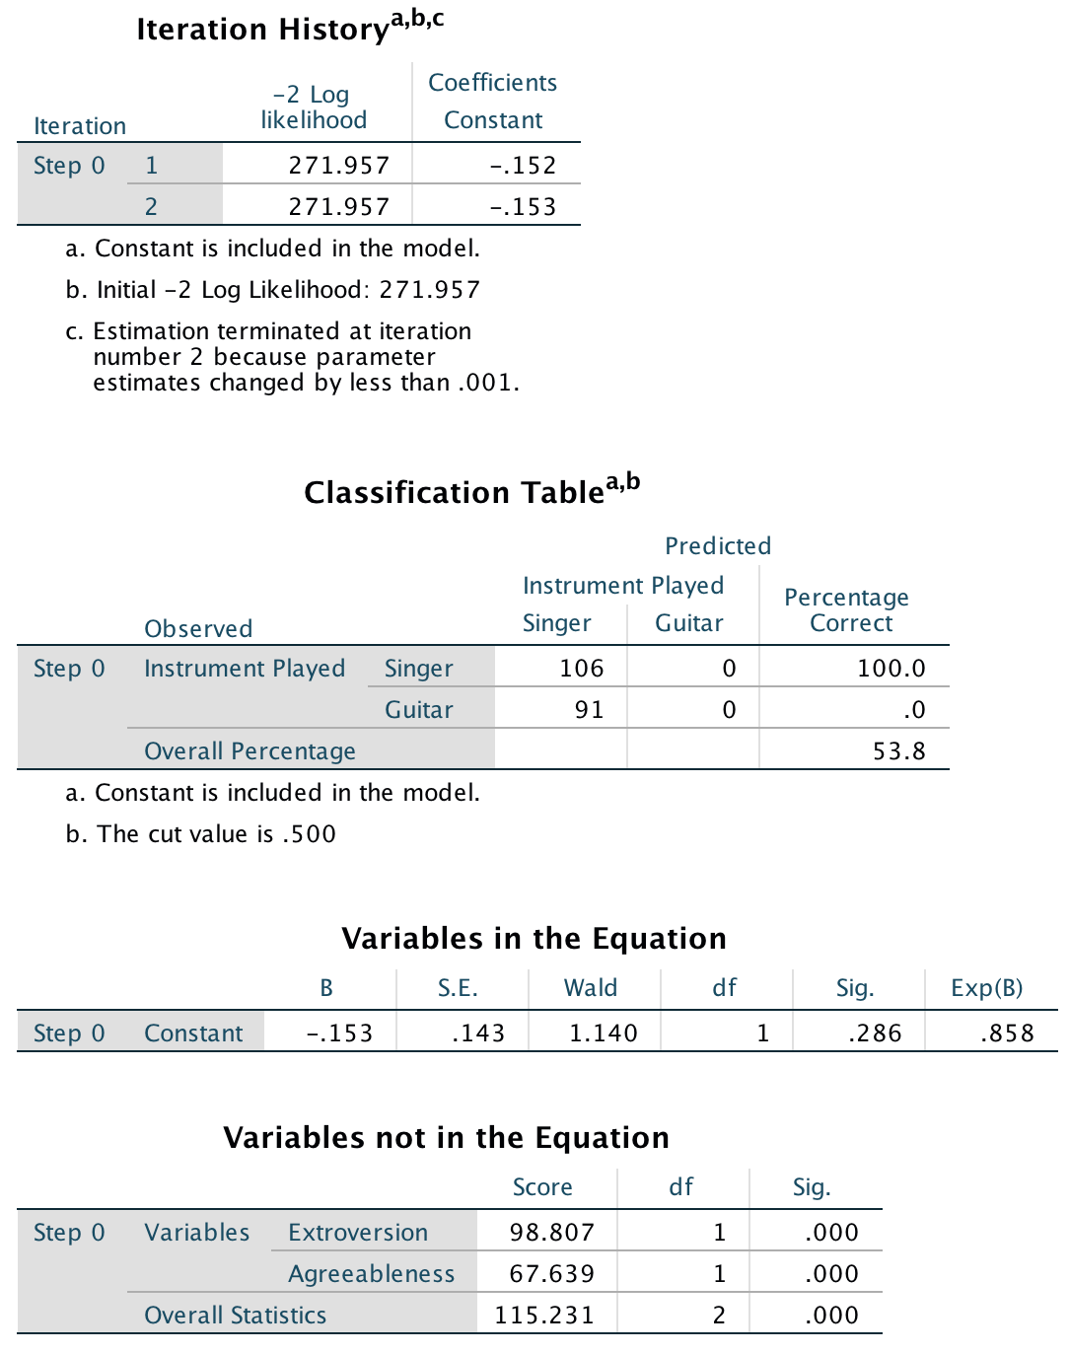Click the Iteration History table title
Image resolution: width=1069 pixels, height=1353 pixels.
pos(290,28)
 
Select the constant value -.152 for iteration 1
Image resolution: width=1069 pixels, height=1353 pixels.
pos(523,166)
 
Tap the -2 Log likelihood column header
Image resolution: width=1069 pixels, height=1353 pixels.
pos(314,107)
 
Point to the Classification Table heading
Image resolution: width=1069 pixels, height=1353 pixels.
pos(471,490)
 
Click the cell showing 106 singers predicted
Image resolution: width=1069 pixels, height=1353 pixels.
pos(581,669)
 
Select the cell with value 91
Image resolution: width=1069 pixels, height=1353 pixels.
pos(589,710)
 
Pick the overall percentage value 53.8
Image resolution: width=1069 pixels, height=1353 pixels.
pos(898,751)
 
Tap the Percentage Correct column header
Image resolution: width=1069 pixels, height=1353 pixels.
pos(847,610)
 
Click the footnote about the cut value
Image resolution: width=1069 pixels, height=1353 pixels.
pos(201,834)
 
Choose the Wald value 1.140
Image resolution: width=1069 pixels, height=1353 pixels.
pos(603,1033)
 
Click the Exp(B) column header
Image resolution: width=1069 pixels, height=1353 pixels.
pos(986,988)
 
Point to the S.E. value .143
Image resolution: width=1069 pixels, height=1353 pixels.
pos(478,1033)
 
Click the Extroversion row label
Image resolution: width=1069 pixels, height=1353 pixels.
pos(358,1233)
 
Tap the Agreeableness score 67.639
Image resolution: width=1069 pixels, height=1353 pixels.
pos(551,1274)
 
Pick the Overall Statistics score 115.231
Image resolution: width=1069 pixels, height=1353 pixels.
pos(544,1316)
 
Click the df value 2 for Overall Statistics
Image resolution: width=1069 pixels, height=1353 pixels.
pos(719,1316)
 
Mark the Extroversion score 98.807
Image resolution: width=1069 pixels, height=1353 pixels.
pos(551,1233)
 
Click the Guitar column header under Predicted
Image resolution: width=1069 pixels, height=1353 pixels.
pos(689,623)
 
